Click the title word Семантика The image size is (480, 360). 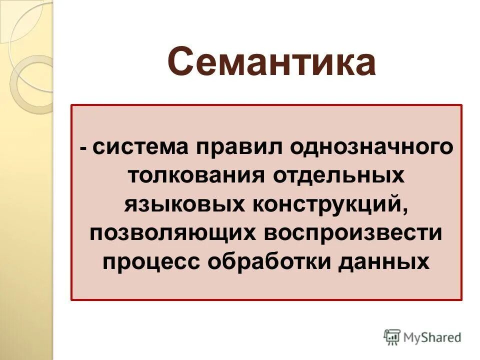click(271, 62)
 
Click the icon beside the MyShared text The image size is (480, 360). click(392, 337)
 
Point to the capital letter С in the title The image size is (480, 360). click(181, 62)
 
